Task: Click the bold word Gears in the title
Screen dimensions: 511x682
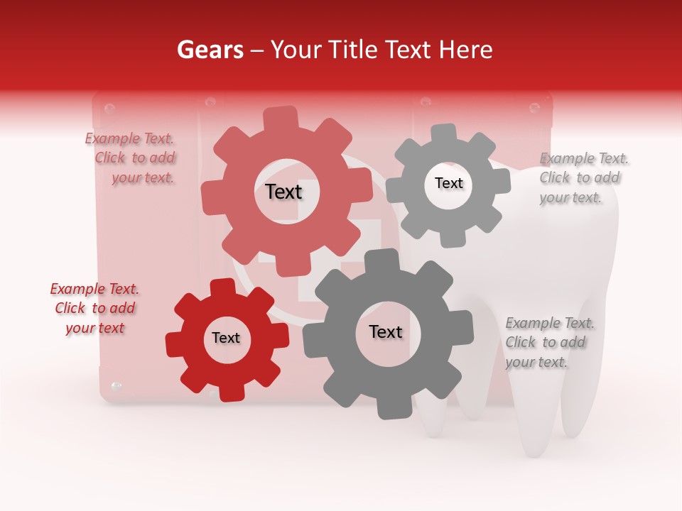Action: click(210, 50)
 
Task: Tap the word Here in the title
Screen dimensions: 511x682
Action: click(466, 50)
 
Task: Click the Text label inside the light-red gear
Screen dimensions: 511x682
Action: click(283, 192)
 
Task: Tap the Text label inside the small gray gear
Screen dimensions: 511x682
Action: click(448, 183)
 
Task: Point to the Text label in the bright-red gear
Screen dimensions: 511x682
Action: click(226, 339)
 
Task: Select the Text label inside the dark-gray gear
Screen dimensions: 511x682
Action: click(386, 331)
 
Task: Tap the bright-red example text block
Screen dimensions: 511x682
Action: click(94, 309)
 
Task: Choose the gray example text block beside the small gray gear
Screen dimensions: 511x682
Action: click(583, 178)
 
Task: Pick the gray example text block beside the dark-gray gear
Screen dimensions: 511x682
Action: click(548, 343)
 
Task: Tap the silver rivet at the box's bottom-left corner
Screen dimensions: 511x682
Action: click(117, 387)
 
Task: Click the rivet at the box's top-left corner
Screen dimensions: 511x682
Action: click(109, 109)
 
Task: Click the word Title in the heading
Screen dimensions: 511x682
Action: click(354, 50)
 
